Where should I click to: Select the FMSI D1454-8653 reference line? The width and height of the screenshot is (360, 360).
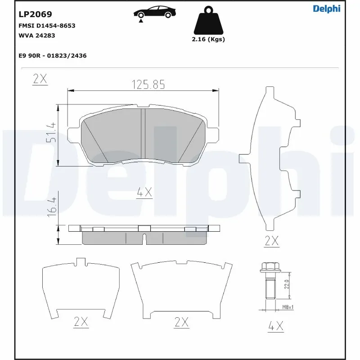[47, 26]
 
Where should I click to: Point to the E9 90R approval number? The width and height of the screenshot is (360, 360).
[52, 55]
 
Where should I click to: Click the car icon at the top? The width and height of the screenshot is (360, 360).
[154, 12]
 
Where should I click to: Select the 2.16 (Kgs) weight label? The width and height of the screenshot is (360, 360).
[208, 39]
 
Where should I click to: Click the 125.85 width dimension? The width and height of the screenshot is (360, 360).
[148, 84]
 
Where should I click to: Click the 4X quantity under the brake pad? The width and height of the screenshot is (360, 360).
[144, 193]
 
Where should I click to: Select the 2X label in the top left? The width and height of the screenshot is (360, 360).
[40, 79]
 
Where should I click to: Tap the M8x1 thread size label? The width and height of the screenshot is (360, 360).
[288, 307]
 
